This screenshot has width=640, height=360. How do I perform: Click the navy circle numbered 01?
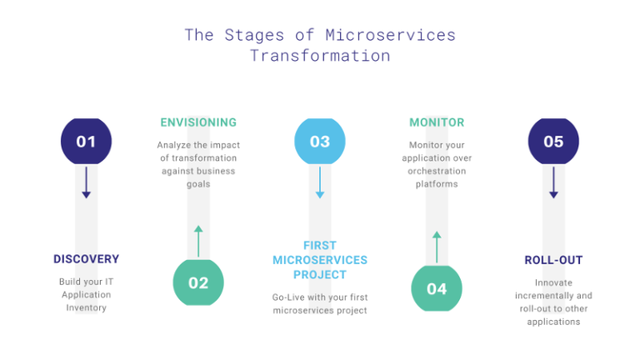click(86, 142)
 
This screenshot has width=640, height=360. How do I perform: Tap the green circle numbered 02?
click(198, 282)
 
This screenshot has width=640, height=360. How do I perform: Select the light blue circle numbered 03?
click(320, 142)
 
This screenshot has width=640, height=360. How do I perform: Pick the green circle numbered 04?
click(437, 288)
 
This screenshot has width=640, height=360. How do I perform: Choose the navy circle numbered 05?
click(553, 142)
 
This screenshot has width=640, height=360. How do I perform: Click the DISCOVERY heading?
click(86, 259)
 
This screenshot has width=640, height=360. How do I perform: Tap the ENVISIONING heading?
click(198, 122)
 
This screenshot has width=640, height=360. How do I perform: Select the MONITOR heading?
click(437, 122)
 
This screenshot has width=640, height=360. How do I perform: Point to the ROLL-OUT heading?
click(553, 260)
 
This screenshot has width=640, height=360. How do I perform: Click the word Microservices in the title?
click(390, 35)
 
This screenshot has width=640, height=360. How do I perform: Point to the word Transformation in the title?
click(320, 57)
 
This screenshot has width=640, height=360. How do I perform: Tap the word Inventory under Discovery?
click(86, 308)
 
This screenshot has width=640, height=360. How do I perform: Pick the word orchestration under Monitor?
click(437, 171)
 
